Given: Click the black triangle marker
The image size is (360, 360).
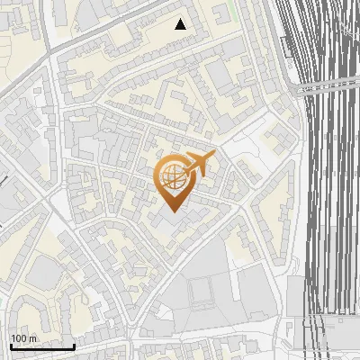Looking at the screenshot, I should tap(181, 24).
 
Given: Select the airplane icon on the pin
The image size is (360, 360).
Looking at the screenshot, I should tap(200, 164).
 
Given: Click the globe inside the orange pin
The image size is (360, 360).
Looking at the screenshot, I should tap(173, 176).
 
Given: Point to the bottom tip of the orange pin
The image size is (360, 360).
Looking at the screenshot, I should tap(174, 212).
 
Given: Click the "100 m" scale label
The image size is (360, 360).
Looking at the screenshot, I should tap(23, 338).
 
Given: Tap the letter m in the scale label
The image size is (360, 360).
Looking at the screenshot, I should tap(32, 338).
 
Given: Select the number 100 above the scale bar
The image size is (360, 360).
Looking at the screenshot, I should tap(19, 338).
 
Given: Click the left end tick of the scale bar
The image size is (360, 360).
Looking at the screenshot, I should tap(11, 345).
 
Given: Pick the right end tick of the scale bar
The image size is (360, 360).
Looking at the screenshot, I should tap(74, 345).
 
